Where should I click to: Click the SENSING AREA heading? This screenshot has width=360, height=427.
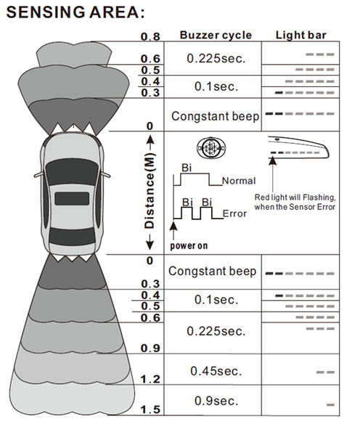point(75,12)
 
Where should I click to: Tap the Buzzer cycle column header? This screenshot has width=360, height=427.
point(216,35)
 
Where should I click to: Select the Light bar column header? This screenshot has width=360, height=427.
point(300,35)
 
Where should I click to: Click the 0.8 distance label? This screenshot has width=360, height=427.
point(150,36)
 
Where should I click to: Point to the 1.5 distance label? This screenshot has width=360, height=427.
point(150,410)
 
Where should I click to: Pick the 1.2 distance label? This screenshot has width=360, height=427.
point(150,379)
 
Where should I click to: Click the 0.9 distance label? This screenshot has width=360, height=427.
point(150,348)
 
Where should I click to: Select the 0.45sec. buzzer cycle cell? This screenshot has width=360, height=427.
point(216,371)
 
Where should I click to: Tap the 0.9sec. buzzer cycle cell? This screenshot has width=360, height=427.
point(216,401)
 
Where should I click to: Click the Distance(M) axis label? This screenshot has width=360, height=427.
point(150,190)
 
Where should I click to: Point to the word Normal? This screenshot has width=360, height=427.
point(239,181)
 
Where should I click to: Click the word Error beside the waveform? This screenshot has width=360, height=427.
point(234,213)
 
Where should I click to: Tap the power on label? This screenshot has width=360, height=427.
point(189,245)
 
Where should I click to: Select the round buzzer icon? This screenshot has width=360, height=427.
point(211,148)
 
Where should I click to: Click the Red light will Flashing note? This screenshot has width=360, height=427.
point(295,202)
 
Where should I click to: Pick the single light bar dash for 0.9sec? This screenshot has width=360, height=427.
point(330,405)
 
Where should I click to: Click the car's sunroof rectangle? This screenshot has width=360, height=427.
point(72,198)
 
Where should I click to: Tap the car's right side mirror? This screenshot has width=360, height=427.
point(106,174)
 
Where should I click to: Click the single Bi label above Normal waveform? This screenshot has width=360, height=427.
point(187,168)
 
